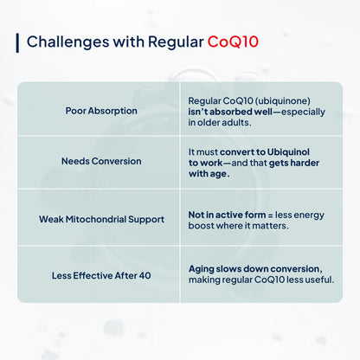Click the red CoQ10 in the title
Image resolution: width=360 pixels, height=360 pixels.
point(232,42)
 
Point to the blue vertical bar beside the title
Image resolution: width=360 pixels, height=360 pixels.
point(17,42)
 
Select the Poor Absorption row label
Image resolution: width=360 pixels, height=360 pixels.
point(101,111)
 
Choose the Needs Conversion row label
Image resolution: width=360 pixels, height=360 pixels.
point(101,162)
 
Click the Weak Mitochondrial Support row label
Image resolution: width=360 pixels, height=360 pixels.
point(101,220)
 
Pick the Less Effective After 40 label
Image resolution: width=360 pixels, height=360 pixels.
point(101,276)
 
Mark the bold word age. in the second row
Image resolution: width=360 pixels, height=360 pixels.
point(216,173)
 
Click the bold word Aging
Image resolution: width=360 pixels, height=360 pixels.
point(202,269)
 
